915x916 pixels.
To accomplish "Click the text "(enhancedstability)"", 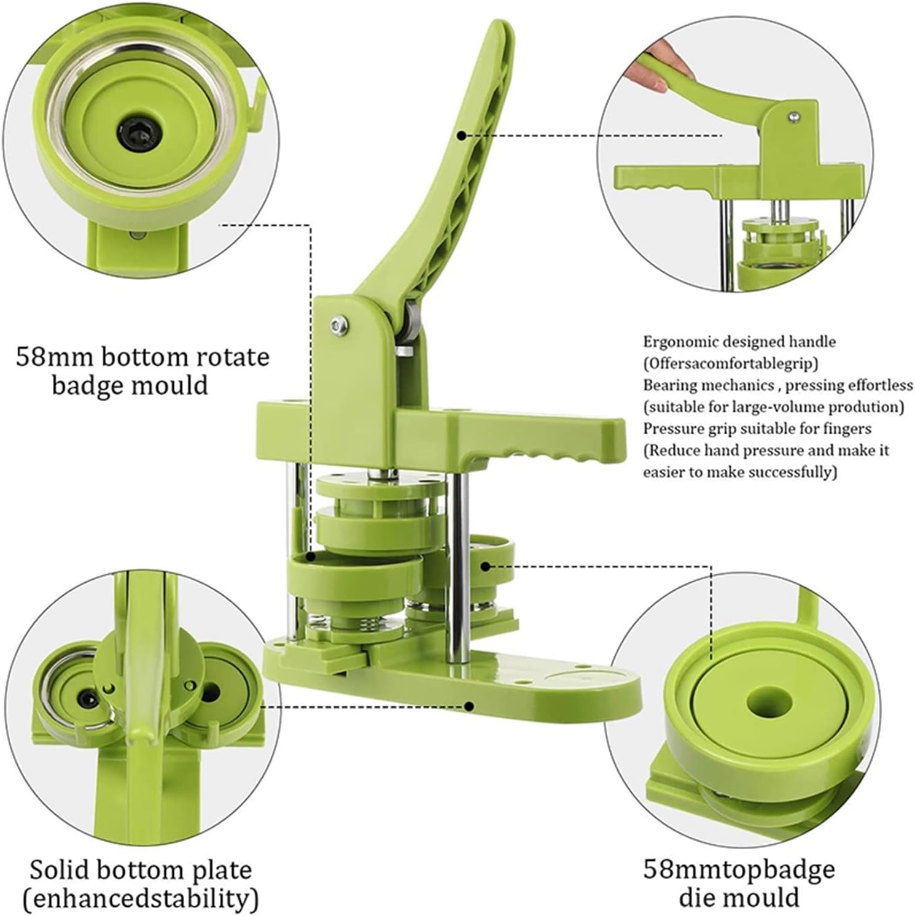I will tap(140, 899).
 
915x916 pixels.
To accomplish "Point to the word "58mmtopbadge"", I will tap(739, 869).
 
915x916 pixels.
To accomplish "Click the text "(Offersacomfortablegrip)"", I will tap(731, 363).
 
